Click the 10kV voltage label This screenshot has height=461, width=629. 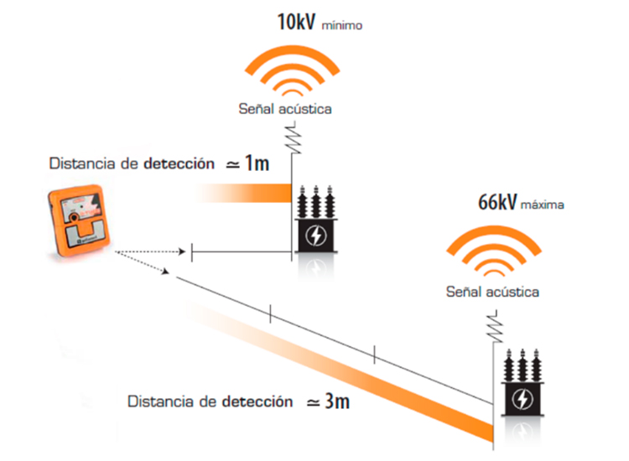[x=296, y=22]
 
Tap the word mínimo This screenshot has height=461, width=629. [x=342, y=25]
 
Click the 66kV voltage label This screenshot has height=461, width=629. [x=497, y=202]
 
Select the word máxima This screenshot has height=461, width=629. [x=543, y=205]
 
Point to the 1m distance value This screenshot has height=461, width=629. [x=257, y=163]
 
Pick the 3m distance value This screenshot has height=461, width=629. [x=337, y=401]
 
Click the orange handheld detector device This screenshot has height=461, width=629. [x=79, y=220]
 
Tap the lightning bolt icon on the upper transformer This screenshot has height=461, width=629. [x=316, y=236]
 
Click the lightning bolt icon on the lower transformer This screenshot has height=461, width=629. [x=522, y=399]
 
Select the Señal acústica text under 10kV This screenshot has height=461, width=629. [x=285, y=109]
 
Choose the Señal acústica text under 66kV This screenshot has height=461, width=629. [x=492, y=292]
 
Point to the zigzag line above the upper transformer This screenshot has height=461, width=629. [x=294, y=138]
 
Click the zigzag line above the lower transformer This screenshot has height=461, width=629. [x=496, y=326]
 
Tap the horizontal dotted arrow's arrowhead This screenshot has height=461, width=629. [x=182, y=251]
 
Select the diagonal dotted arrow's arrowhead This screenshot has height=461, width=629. [x=165, y=272]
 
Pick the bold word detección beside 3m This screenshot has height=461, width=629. [x=257, y=401]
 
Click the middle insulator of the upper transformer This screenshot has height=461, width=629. [x=316, y=202]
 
